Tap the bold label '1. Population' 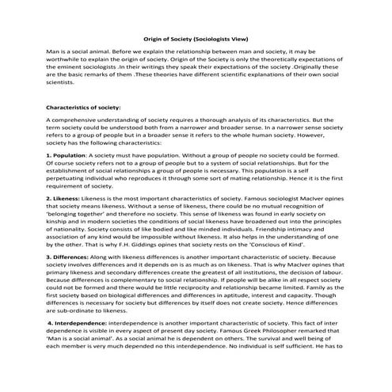(x=67, y=156)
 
